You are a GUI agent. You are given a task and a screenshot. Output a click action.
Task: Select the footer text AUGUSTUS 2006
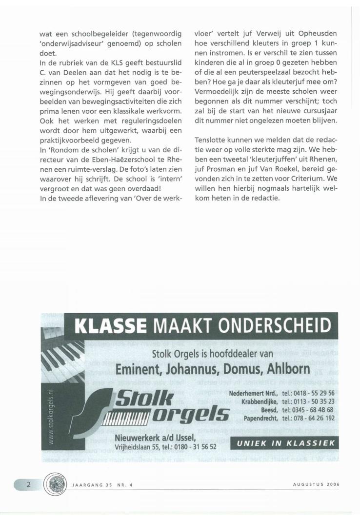tap(316, 484)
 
